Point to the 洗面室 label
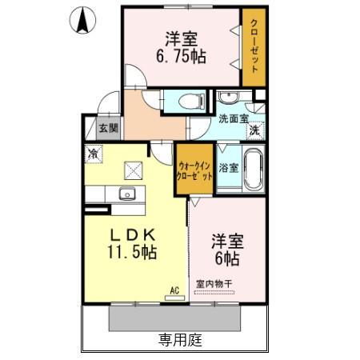coord(234,119)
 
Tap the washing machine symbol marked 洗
coord(254,130)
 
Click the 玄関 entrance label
coord(108,128)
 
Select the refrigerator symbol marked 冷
coord(94,152)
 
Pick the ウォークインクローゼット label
coord(195,170)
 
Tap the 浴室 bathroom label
coord(228,169)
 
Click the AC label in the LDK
coord(173,292)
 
